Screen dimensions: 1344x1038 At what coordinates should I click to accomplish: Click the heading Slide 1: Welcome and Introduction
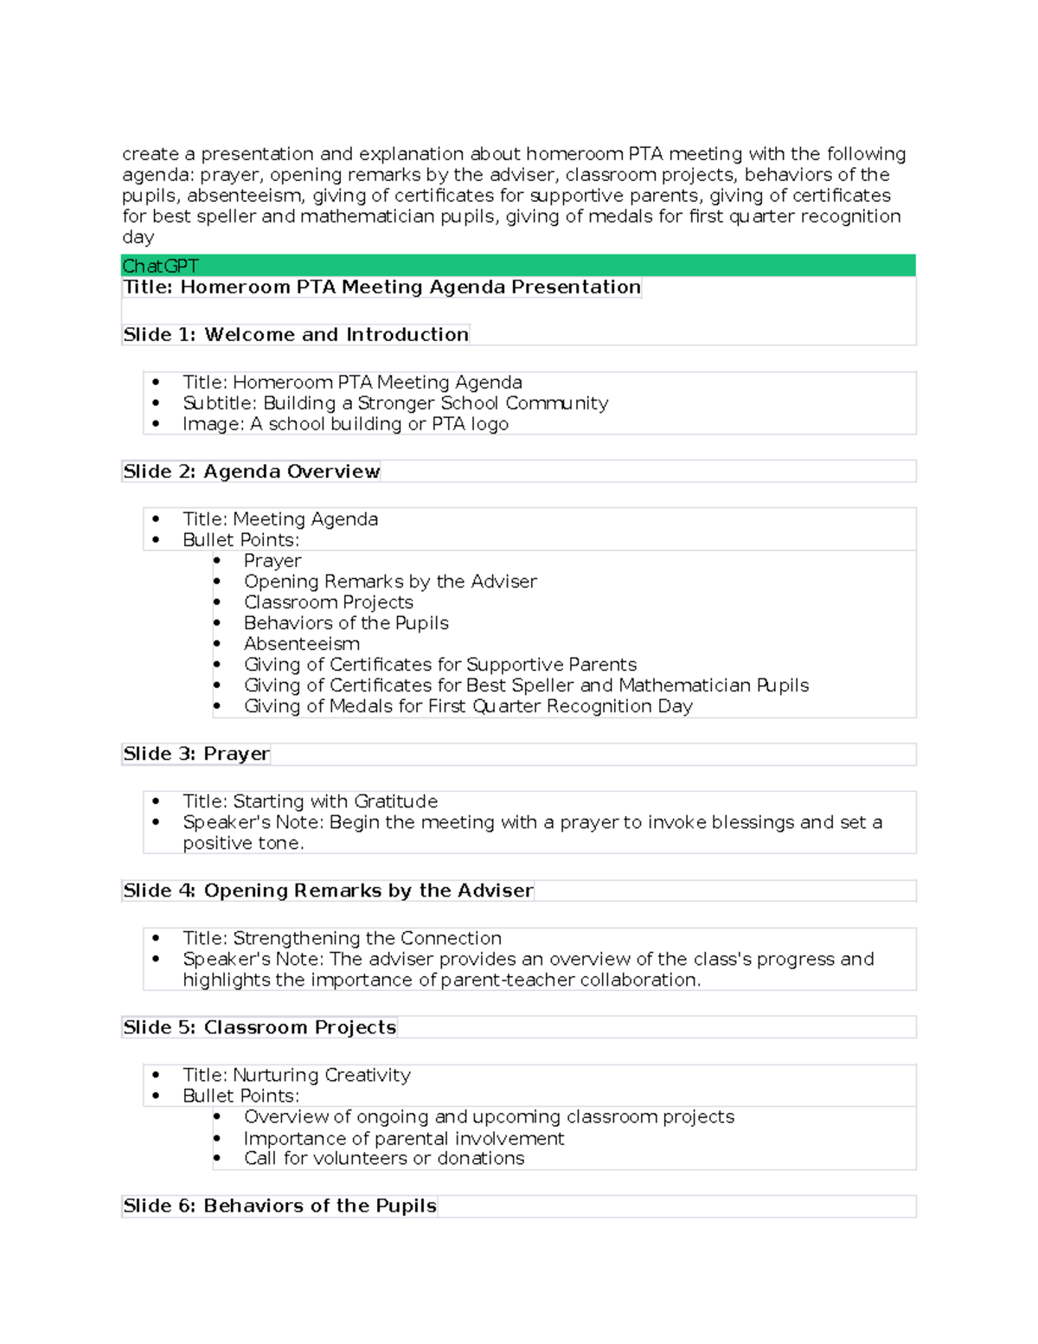[x=295, y=335]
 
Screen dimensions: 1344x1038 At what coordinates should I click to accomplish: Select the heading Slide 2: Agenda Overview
[x=251, y=472]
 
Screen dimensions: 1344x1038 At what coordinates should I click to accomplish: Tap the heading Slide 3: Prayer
[x=196, y=754]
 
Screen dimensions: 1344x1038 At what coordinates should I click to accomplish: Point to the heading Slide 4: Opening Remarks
[x=328, y=891]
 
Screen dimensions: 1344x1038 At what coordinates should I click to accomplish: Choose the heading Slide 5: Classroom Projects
[x=259, y=1027]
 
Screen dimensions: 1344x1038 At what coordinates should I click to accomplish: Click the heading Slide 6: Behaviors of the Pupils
[x=279, y=1206]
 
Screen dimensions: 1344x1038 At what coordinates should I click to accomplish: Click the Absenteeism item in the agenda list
[x=301, y=644]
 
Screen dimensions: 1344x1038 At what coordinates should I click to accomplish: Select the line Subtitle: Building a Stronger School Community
[x=395, y=403]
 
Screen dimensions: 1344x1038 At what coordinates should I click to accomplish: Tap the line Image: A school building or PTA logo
[x=345, y=424]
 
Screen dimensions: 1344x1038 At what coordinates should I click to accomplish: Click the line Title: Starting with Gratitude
[x=310, y=801]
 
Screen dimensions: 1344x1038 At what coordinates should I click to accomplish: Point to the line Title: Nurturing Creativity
[x=296, y=1075]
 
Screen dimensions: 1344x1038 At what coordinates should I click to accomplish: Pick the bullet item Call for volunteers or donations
[x=383, y=1159]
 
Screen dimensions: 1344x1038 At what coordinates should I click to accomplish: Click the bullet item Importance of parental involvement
[x=403, y=1138]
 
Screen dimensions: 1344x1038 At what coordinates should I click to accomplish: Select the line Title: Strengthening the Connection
[x=342, y=938]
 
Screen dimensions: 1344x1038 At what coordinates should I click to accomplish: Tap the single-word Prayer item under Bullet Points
[x=272, y=561]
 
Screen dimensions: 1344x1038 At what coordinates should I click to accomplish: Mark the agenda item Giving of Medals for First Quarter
[x=467, y=706]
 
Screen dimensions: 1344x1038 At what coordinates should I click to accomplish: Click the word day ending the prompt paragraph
[x=138, y=237]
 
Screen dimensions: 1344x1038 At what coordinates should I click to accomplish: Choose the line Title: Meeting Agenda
[x=279, y=519]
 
